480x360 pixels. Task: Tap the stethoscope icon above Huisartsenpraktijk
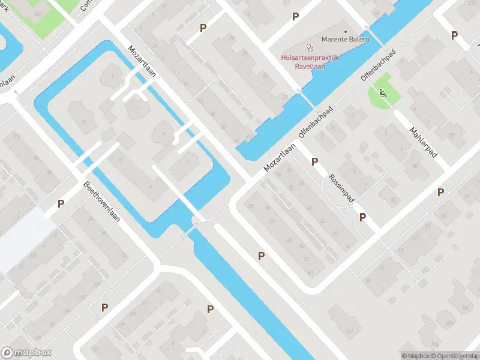point(310,46)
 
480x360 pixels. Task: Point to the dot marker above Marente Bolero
point(346,31)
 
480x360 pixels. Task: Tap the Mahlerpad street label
point(424,142)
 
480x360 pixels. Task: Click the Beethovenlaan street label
point(102,201)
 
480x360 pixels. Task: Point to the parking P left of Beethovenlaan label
point(61,204)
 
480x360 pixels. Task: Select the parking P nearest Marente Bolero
point(295,17)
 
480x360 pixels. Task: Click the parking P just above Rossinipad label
point(314,161)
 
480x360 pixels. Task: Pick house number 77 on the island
point(120,160)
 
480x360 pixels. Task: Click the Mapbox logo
point(26,353)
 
